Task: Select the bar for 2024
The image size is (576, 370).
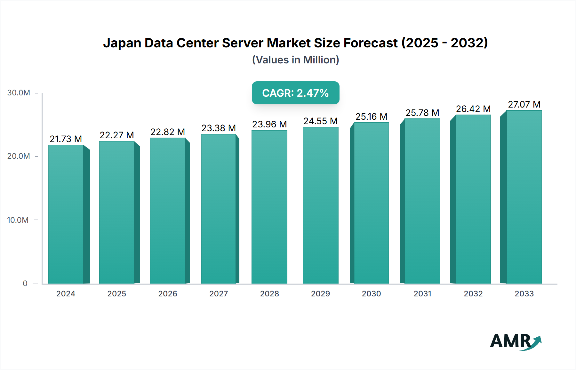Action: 66,214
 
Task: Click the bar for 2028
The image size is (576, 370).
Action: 269,207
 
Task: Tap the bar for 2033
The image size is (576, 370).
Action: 524,197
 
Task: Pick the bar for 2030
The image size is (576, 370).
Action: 371,203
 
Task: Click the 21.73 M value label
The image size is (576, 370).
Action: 66,139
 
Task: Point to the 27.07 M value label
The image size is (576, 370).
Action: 524,104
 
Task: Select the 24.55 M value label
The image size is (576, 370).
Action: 320,121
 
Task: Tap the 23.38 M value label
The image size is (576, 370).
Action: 219,128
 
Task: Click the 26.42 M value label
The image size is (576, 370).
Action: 473,109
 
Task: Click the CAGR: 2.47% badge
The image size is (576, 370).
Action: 295,93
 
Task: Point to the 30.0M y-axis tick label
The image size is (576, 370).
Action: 19,93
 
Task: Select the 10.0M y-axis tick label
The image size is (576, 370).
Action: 18,220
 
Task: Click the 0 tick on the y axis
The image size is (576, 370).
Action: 25,283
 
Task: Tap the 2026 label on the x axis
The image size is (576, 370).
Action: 167,294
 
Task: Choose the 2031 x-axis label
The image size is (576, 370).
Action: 422,294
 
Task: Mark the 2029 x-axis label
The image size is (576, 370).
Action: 320,294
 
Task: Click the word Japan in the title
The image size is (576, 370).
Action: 122,43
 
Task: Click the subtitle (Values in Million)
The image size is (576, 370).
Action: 295,60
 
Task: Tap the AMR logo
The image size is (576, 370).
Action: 515,342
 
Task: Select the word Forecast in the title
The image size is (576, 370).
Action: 370,43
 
